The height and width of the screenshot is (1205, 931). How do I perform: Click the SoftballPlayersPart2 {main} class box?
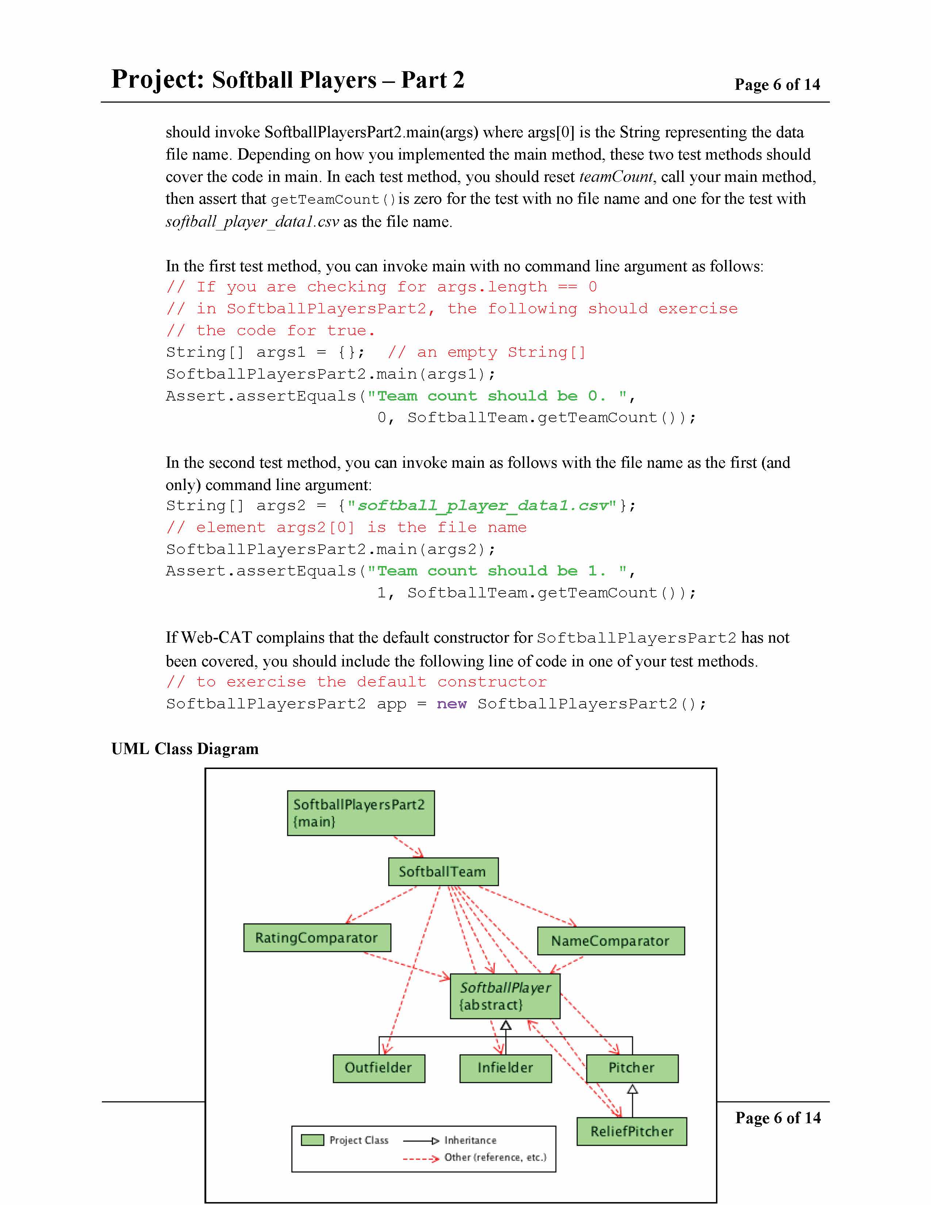click(x=361, y=813)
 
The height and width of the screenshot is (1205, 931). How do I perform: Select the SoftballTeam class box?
click(x=443, y=872)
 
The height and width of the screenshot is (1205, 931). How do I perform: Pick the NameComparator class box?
click(x=610, y=941)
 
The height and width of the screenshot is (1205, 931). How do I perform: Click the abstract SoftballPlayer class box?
click(x=505, y=996)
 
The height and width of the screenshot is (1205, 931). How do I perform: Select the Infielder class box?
click(x=505, y=1068)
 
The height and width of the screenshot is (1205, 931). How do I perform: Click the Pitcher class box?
click(x=632, y=1068)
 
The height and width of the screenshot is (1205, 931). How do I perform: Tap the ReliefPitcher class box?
click(x=632, y=1132)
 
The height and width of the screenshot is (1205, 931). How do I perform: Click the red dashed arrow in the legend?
click(x=420, y=1159)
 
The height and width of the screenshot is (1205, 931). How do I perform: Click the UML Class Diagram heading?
click(x=185, y=749)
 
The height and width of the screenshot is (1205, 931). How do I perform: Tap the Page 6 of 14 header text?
click(x=777, y=84)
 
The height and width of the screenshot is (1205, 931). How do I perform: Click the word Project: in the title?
click(x=158, y=80)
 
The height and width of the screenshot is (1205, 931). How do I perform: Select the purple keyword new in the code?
click(x=451, y=704)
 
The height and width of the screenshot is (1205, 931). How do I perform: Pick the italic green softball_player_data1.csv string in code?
click(x=483, y=505)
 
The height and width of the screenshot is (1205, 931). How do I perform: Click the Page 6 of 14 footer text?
click(x=778, y=1118)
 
